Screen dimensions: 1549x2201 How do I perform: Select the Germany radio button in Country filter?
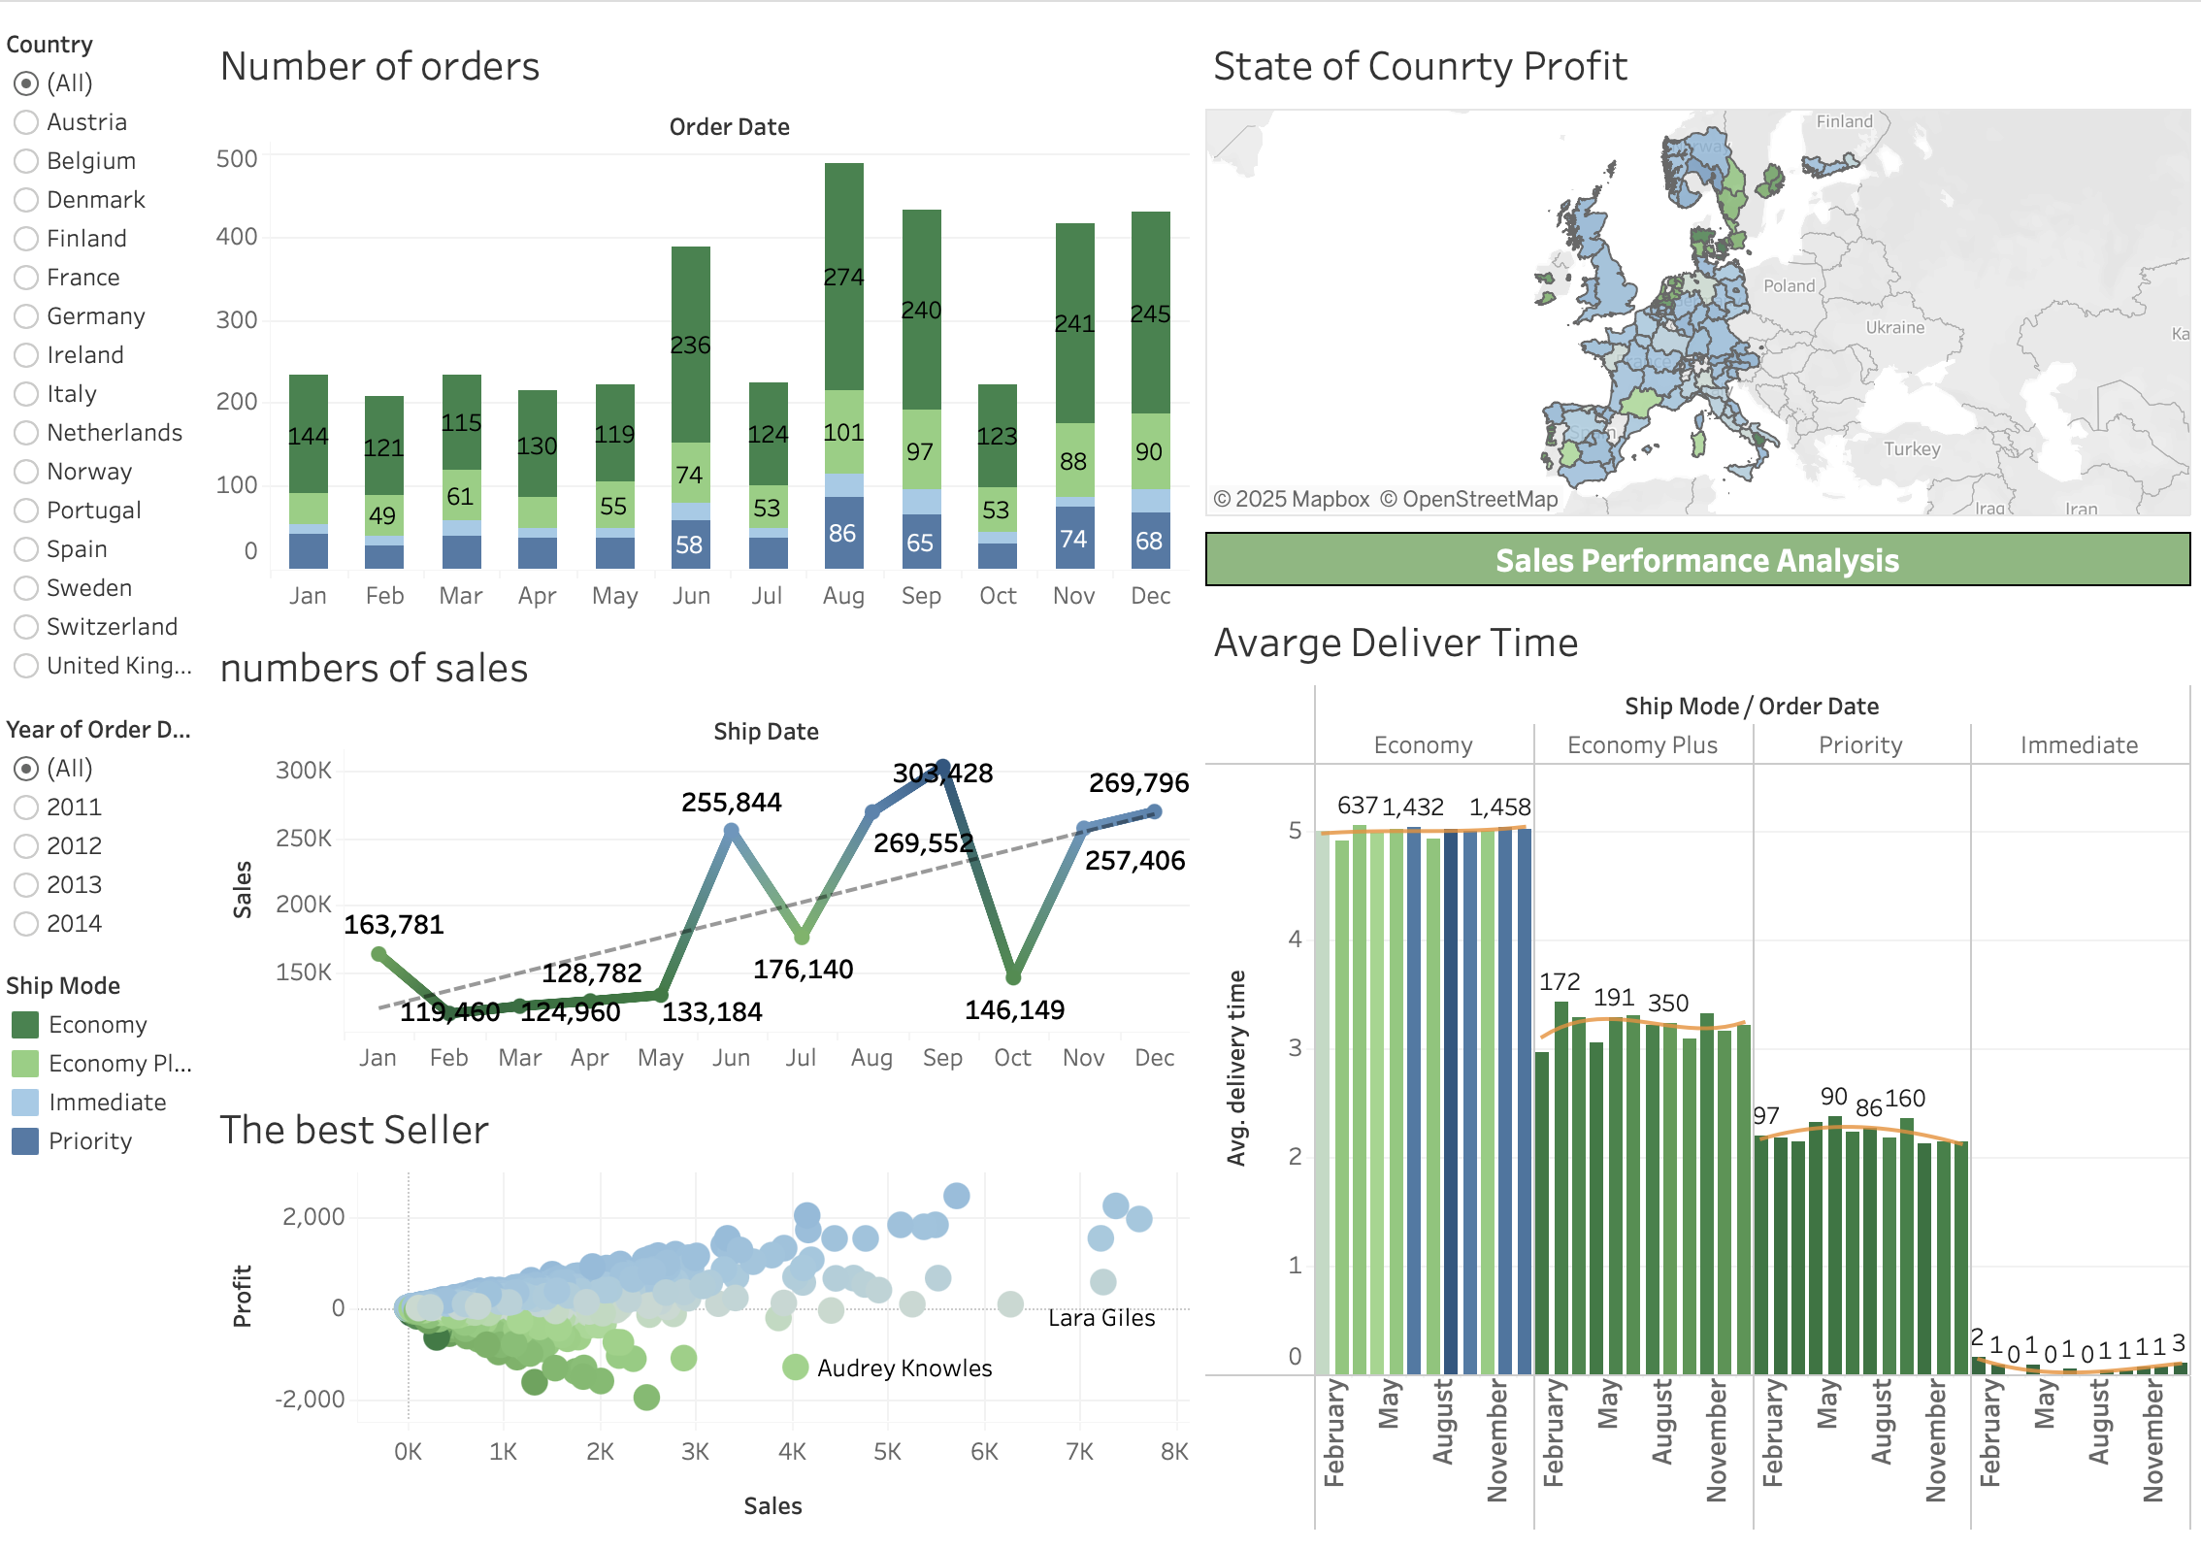[x=26, y=316]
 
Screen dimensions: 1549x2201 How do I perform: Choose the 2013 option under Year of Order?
[x=26, y=885]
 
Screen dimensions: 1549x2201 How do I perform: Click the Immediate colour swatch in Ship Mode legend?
[x=25, y=1103]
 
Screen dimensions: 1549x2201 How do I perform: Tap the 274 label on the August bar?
[x=843, y=278]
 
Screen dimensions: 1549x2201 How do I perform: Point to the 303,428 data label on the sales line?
[x=942, y=774]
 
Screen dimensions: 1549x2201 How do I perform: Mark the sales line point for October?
[x=1013, y=976]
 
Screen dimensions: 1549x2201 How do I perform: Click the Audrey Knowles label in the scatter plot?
[x=903, y=1368]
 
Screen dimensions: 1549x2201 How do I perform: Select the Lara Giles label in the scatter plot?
[x=1101, y=1318]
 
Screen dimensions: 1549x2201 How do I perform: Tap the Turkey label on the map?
[x=1912, y=449]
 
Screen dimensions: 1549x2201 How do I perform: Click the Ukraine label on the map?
[x=1894, y=328]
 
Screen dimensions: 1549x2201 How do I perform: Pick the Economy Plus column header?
[x=1642, y=745]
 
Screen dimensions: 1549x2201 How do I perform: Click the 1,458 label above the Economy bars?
[x=1499, y=807]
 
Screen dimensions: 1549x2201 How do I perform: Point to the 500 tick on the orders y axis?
[x=237, y=159]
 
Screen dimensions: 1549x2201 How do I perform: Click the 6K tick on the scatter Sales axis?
[x=984, y=1452]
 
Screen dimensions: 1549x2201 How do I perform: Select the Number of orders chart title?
[x=379, y=67]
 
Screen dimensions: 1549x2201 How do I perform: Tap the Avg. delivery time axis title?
[x=1235, y=1068]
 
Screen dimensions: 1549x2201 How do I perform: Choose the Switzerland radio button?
[x=26, y=627]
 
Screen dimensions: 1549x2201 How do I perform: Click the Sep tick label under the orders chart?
[x=921, y=596]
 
